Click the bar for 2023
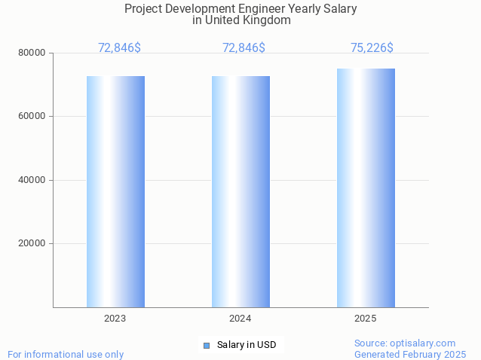115,191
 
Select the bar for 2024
240,191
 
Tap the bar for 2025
366,188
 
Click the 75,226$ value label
372,48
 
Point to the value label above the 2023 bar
119,48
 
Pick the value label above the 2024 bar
244,48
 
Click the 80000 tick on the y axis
32,53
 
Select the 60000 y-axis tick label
32,117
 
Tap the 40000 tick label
32,180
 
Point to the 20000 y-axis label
32,243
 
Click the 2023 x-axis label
115,319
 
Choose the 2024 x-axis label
240,319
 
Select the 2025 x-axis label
366,319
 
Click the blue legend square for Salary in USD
206,346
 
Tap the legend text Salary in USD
247,345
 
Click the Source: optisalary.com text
405,343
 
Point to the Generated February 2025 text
410,354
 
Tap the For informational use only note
66,354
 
